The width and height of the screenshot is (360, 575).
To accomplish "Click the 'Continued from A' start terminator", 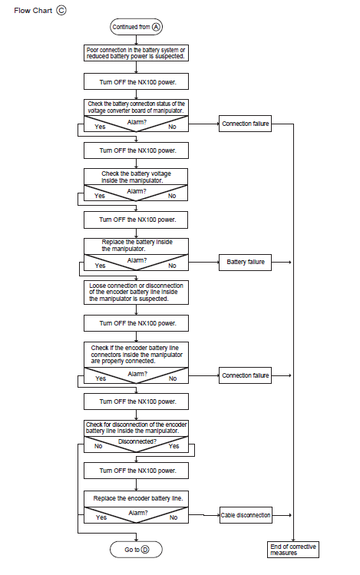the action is pyautogui.click(x=136, y=27).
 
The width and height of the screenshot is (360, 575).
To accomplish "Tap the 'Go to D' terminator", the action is pyautogui.click(x=136, y=550).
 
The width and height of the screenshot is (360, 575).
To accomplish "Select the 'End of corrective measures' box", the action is pyautogui.click(x=293, y=550).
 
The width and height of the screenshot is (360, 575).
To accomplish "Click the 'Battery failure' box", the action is pyautogui.click(x=246, y=263).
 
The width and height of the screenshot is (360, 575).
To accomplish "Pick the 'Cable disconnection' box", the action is pyautogui.click(x=246, y=515).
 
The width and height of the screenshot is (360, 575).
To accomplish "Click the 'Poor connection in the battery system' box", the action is pyautogui.click(x=136, y=53).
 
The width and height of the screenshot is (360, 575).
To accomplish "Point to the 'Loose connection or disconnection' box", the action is pyautogui.click(x=136, y=292).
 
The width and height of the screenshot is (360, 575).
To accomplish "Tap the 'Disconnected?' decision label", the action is pyautogui.click(x=137, y=441).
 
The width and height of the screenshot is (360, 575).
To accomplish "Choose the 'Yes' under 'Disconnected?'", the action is pyautogui.click(x=173, y=446).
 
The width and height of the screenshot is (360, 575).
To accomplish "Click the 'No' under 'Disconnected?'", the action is pyautogui.click(x=98, y=446).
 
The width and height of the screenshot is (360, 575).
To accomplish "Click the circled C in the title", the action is pyautogui.click(x=61, y=10).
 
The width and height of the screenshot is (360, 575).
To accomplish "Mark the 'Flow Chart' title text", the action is pyautogui.click(x=33, y=11).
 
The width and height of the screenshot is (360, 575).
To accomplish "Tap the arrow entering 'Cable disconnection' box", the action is pyautogui.click(x=204, y=515).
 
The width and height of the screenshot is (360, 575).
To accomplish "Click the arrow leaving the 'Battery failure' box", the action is pyautogui.click(x=282, y=263).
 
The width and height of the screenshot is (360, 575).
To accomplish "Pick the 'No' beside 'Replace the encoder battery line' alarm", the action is pyautogui.click(x=173, y=517).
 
